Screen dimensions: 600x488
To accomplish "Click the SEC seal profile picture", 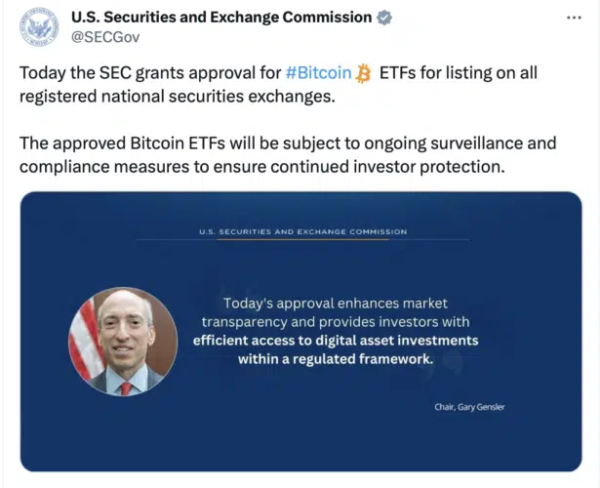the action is point(39,26).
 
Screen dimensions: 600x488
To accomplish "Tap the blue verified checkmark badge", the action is point(384,18).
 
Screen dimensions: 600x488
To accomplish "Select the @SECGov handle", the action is point(105,37).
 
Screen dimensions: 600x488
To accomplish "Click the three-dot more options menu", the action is point(574,18).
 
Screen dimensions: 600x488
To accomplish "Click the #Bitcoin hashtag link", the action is point(318,73).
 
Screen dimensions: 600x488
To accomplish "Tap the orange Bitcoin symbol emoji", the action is point(363,73).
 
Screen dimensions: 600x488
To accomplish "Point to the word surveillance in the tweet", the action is point(474,143).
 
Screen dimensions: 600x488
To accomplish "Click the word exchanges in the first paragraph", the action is point(292,97).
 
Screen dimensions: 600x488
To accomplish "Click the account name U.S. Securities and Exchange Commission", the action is point(221,18).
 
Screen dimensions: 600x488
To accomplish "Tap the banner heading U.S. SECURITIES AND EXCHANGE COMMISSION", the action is point(303,231).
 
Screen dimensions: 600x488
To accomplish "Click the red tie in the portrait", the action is point(126,388).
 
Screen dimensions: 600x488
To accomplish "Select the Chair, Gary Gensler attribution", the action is point(469,407).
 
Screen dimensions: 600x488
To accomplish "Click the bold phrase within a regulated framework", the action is point(336,359).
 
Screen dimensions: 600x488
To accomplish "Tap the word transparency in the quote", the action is point(245,322).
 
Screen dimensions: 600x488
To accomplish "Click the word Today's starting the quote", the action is point(248,304).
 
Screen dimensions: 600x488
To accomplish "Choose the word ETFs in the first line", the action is point(397,73).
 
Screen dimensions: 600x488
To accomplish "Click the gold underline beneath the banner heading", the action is point(302,239).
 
